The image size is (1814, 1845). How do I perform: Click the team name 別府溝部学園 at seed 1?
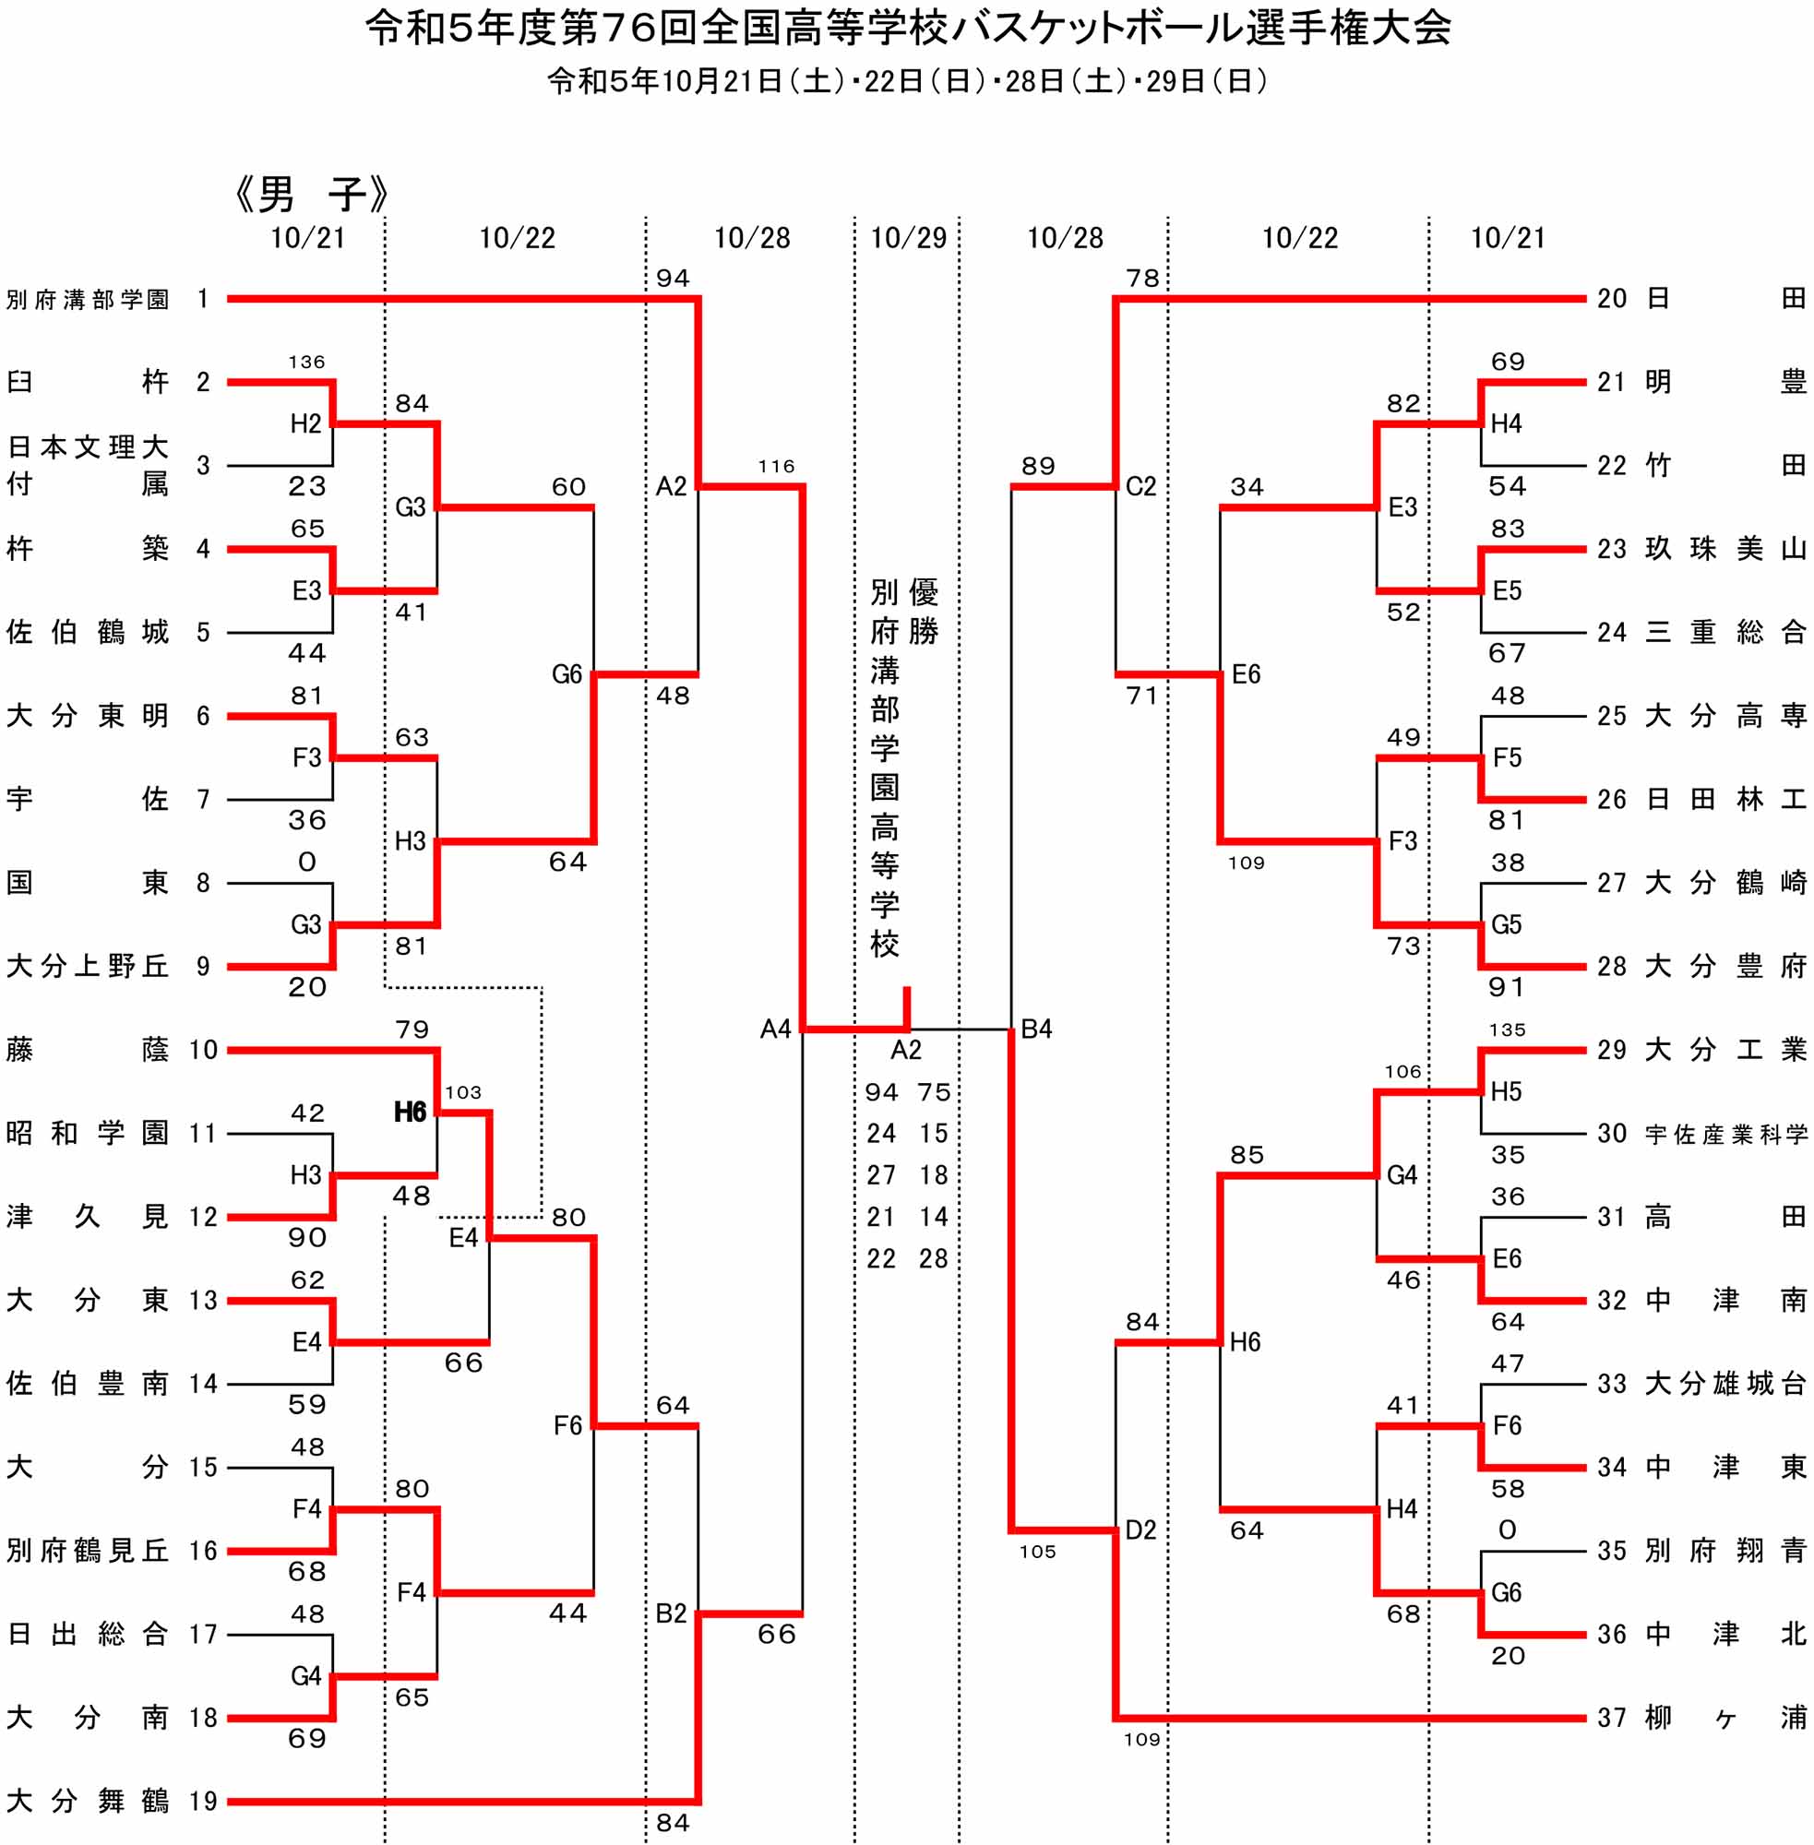(88, 299)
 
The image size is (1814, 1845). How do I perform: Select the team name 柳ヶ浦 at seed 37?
(1725, 1719)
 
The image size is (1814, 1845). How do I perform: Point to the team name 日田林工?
(1725, 799)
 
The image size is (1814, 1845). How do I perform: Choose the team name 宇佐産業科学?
(1725, 1134)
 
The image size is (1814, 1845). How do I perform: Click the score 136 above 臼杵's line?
(306, 362)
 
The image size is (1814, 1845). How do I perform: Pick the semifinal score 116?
(777, 467)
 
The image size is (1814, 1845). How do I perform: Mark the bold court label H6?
(410, 1112)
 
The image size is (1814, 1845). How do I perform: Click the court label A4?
(776, 1029)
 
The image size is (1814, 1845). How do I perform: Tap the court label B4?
(1036, 1029)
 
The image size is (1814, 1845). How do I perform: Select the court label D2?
(1140, 1530)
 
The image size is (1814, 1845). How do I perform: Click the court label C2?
(1140, 487)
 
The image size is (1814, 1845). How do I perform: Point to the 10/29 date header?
(908, 238)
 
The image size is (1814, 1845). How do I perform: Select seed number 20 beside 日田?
(1612, 299)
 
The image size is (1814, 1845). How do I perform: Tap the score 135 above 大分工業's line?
(1508, 1030)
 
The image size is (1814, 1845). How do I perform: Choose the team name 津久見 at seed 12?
(88, 1217)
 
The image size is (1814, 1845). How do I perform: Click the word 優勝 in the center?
(924, 612)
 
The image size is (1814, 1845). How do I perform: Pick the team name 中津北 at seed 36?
(1725, 1635)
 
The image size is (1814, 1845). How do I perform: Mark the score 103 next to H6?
(463, 1092)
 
